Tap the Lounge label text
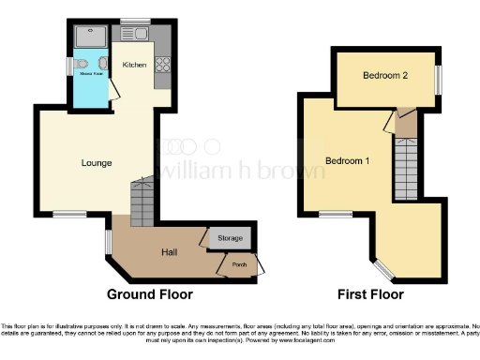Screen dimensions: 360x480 (x=97, y=163)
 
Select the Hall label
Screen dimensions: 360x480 (x=171, y=252)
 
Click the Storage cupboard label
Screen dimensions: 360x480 (x=229, y=238)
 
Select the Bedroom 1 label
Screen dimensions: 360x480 (x=347, y=161)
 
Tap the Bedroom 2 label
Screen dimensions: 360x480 (x=384, y=77)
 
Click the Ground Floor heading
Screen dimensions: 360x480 (x=149, y=294)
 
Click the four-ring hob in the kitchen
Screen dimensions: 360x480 (x=161, y=65)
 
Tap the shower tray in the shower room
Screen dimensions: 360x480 (x=91, y=37)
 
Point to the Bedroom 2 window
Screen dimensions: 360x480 (x=438, y=78)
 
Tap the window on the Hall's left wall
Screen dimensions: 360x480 (x=109, y=242)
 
